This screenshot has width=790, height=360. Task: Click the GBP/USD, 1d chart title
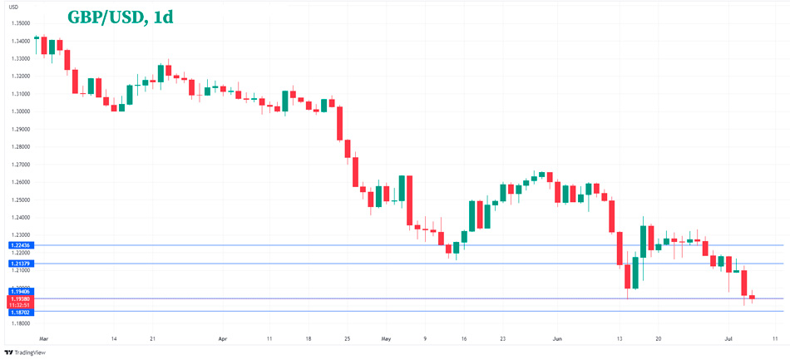tap(120, 17)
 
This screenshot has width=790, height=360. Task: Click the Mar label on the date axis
tap(44, 339)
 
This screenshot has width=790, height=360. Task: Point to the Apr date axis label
tap(222, 339)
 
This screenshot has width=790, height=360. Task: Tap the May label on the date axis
tap(385, 339)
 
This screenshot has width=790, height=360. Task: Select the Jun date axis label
tap(557, 339)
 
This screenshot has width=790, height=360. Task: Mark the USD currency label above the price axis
tap(13, 7)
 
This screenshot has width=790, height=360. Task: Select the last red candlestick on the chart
tap(752, 297)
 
